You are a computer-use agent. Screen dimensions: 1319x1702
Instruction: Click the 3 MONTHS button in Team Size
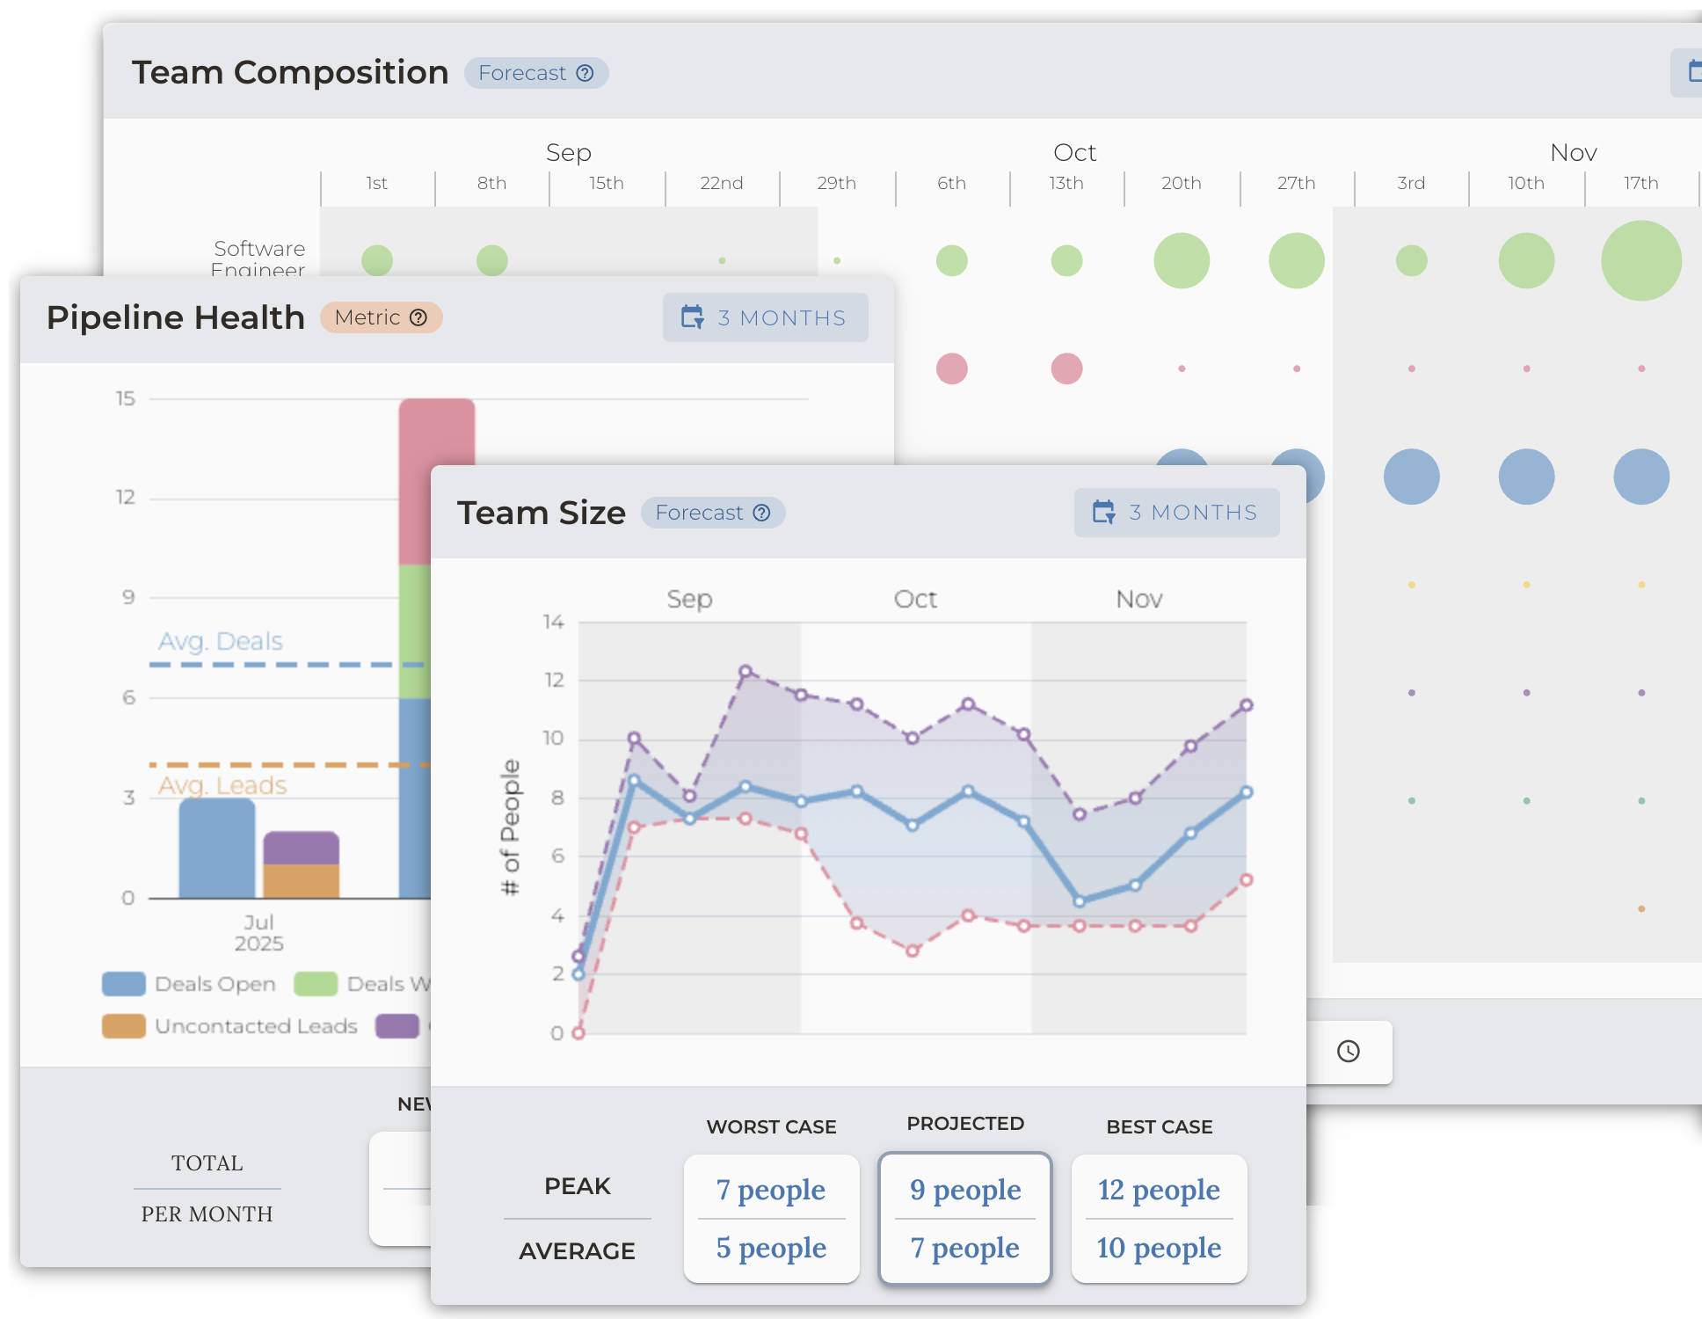(x=1176, y=513)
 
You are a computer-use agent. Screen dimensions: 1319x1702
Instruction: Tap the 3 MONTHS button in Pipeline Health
(x=765, y=317)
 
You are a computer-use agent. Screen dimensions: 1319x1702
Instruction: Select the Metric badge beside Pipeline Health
(x=381, y=317)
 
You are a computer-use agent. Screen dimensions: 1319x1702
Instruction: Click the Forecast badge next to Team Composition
(x=535, y=73)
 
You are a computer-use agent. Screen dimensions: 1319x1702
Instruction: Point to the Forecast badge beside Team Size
(x=712, y=513)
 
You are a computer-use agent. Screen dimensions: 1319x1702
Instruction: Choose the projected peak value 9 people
(x=965, y=1189)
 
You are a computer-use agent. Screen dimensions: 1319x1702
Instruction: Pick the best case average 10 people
(x=1159, y=1247)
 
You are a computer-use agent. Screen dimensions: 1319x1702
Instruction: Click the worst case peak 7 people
(x=771, y=1189)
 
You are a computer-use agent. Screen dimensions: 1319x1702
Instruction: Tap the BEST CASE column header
(x=1159, y=1126)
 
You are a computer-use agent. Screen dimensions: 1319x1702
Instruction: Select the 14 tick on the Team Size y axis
(x=553, y=623)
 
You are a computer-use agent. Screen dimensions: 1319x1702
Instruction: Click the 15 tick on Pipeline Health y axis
(x=126, y=399)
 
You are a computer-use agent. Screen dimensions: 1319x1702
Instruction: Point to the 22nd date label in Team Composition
(x=721, y=183)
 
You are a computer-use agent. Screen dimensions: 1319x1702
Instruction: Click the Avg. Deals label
(x=221, y=641)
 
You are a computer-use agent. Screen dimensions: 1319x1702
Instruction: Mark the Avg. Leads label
(x=222, y=785)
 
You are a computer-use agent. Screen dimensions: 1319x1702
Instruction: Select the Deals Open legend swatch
(x=124, y=984)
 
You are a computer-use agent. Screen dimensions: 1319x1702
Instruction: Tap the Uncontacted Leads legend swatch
(x=124, y=1026)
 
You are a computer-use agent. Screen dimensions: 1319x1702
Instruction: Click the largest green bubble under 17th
(x=1640, y=261)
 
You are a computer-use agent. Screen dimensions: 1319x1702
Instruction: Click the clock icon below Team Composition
(x=1348, y=1051)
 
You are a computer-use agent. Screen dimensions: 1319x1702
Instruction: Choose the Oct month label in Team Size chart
(x=915, y=599)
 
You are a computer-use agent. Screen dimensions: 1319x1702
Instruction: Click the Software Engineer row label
(x=259, y=258)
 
